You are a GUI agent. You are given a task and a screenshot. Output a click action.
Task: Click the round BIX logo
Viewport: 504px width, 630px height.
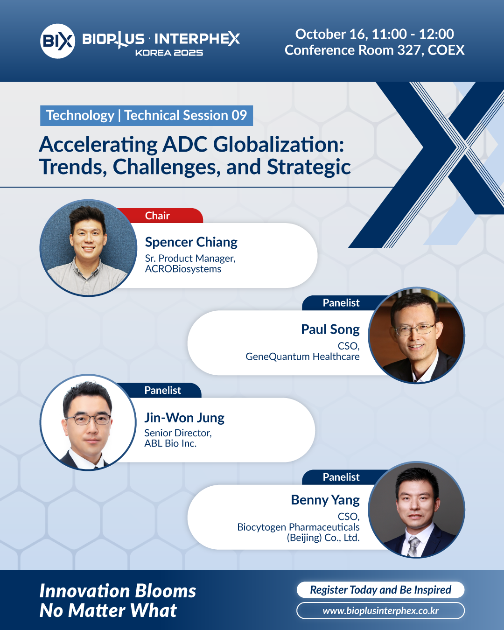pyautogui.click(x=57, y=41)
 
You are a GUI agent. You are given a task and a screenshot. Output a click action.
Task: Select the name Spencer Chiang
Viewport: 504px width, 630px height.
pyautogui.click(x=191, y=242)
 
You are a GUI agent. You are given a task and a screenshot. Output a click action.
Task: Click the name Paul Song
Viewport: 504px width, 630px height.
pyautogui.click(x=330, y=329)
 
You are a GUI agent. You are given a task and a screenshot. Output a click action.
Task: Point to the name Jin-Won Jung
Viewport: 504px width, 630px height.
pyautogui.click(x=184, y=418)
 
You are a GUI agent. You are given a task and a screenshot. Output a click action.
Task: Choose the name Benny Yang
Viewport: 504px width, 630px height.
pyautogui.click(x=325, y=500)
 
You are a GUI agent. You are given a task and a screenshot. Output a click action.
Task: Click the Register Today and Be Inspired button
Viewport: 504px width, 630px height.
pyautogui.click(x=380, y=589)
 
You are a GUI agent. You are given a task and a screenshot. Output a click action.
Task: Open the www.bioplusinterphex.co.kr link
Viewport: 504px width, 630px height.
pyautogui.click(x=380, y=610)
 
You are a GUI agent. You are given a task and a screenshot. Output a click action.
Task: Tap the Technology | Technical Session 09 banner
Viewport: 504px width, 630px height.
pyautogui.click(x=147, y=115)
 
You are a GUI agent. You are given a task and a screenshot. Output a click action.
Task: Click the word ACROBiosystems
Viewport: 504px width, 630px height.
pyautogui.click(x=183, y=269)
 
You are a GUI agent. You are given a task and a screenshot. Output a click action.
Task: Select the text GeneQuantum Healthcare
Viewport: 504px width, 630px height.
pyautogui.click(x=302, y=357)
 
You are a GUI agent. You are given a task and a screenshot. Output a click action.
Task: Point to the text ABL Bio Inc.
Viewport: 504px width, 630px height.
pyautogui.click(x=170, y=443)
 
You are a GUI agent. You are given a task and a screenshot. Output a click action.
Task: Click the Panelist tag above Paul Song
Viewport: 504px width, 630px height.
pyautogui.click(x=341, y=303)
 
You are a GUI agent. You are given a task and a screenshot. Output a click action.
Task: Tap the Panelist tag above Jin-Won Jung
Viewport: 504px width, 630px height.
pyautogui.click(x=162, y=390)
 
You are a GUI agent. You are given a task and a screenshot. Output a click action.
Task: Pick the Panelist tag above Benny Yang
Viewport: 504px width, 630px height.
pyautogui.click(x=341, y=477)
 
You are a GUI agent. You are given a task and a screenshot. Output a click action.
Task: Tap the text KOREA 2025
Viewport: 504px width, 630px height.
pyautogui.click(x=169, y=53)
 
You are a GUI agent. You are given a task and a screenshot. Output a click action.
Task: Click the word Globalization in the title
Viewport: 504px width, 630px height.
pyautogui.click(x=278, y=145)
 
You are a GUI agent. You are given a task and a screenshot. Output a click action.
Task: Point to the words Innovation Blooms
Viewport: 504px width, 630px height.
pyautogui.click(x=118, y=591)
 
